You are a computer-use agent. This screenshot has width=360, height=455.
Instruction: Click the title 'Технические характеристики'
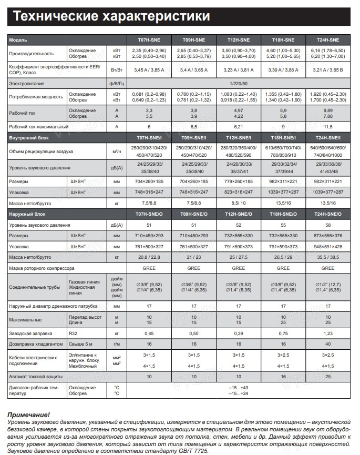[x=111, y=16]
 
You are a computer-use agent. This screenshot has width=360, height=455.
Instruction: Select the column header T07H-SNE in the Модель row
[x=149, y=40]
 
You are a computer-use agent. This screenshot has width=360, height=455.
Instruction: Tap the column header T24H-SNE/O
[x=328, y=215]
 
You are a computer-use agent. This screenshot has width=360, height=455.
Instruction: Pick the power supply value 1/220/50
[x=239, y=84]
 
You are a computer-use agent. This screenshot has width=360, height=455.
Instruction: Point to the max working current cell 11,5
[x=328, y=127]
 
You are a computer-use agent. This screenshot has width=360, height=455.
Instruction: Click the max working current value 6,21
[x=239, y=127]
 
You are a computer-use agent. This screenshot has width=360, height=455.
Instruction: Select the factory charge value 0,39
[x=239, y=333]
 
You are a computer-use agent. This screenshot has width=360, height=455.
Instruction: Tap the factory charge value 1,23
[x=328, y=333]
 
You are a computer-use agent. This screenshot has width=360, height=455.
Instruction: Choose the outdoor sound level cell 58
[x=328, y=225]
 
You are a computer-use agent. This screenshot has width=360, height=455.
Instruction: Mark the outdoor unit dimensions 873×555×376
[x=328, y=235]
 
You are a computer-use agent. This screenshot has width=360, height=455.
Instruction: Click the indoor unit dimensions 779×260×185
[x=239, y=180]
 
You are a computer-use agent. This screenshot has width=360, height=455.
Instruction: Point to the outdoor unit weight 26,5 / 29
[x=283, y=257]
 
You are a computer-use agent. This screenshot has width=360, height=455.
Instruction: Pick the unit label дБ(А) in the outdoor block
[x=117, y=225]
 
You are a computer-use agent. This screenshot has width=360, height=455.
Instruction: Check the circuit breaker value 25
[x=328, y=377]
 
